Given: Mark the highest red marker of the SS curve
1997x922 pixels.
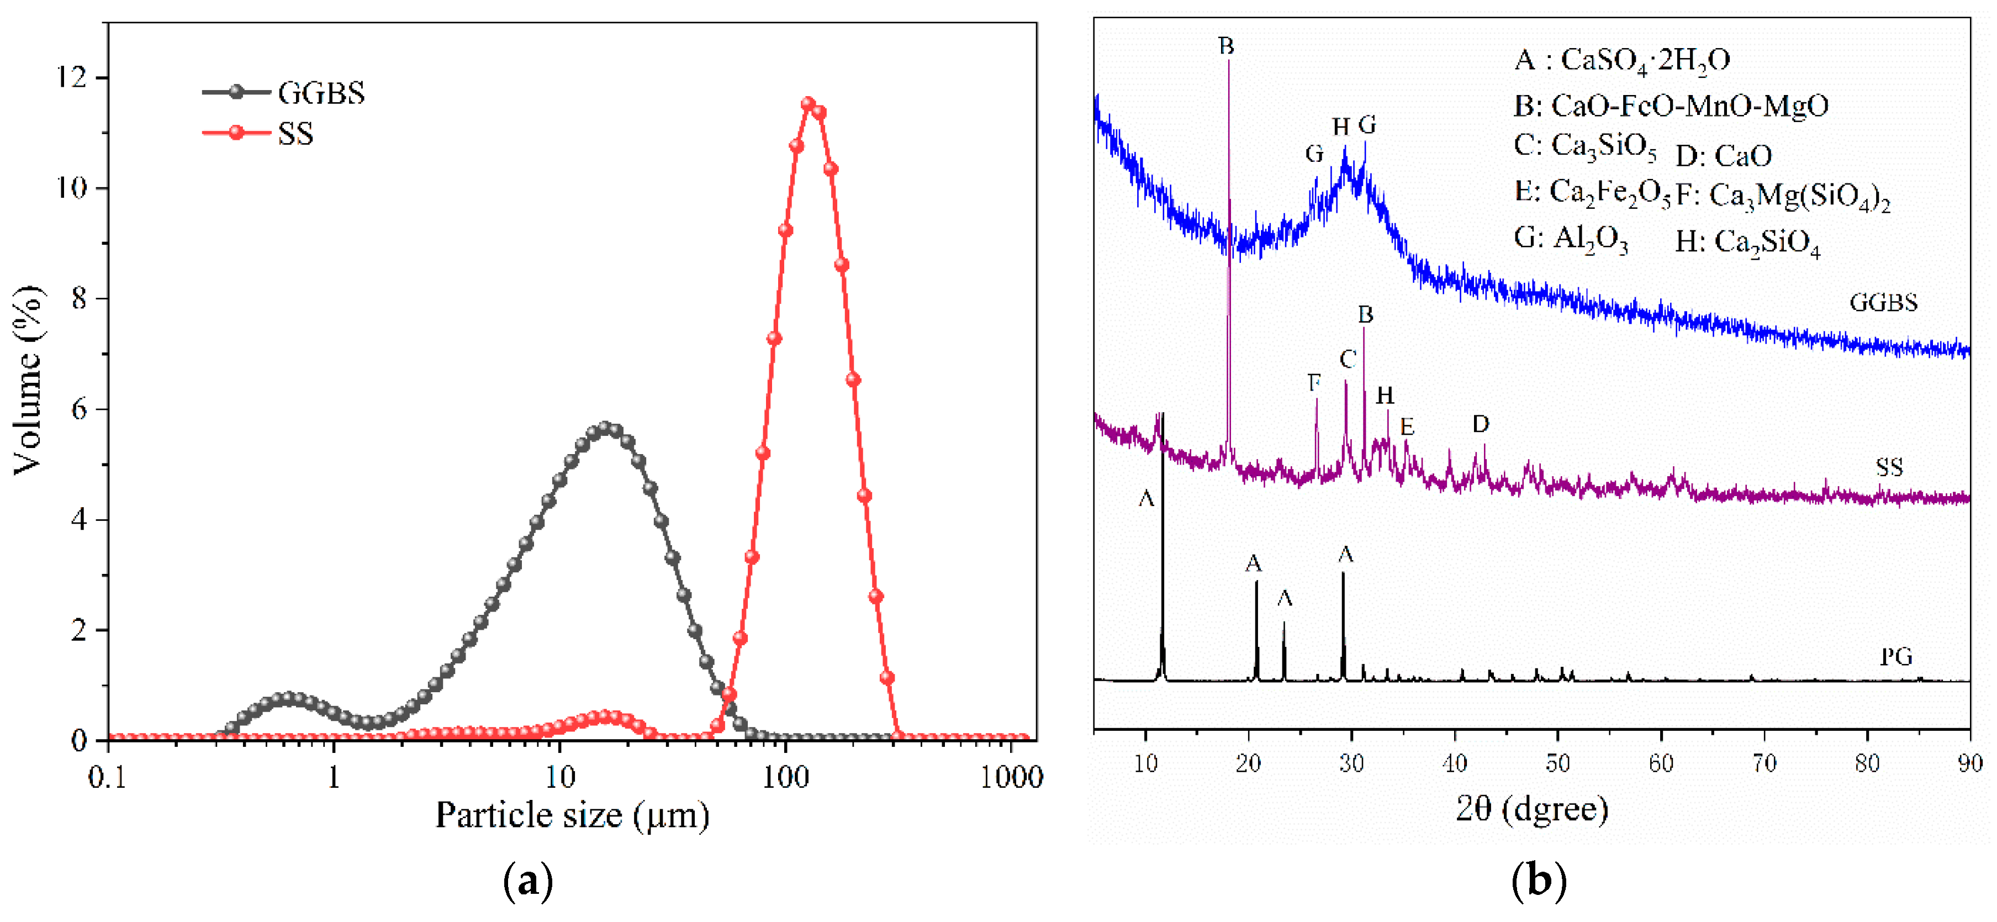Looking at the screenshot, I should [x=808, y=104].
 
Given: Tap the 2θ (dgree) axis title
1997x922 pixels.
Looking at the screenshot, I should [x=1531, y=809].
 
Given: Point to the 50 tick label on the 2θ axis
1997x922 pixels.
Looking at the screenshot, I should [x=1557, y=764].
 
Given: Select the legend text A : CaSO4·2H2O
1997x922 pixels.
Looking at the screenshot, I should [x=1622, y=60].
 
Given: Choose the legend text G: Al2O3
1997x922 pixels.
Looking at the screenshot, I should [x=1571, y=239].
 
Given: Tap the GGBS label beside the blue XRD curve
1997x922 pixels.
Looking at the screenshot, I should [x=1883, y=302].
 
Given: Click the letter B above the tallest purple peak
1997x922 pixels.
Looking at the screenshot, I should [x=1225, y=46].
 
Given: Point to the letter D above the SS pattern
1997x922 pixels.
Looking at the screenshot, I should [x=1480, y=424].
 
